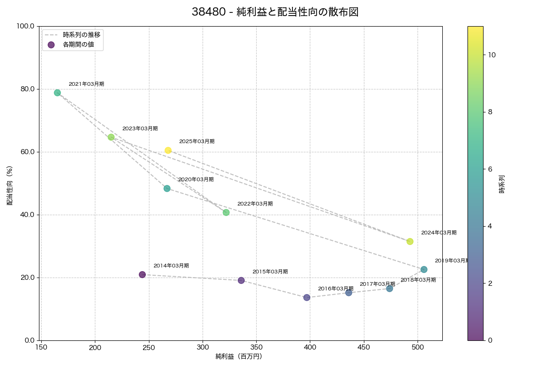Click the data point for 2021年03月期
pyautogui.click(x=57, y=93)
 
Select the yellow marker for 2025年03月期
pyautogui.click(x=168, y=150)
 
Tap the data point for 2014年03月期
pyautogui.click(x=142, y=274)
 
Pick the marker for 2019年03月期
pyautogui.click(x=424, y=269)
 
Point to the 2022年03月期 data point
pyautogui.click(x=226, y=212)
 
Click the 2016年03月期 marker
pyautogui.click(x=307, y=297)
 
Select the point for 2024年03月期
pyautogui.click(x=410, y=241)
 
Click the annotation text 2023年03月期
pyautogui.click(x=140, y=129)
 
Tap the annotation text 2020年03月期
pyautogui.click(x=196, y=180)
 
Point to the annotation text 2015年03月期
pyautogui.click(x=270, y=272)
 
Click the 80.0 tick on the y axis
pyautogui.click(x=28, y=89)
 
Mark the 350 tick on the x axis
pyautogui.click(x=256, y=347)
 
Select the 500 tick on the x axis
pyautogui.click(x=418, y=347)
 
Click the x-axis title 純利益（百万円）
pyautogui.click(x=239, y=356)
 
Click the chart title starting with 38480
pyautogui.click(x=275, y=12)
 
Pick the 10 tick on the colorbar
pyautogui.click(x=492, y=55)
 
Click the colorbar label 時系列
pyautogui.click(x=502, y=183)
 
